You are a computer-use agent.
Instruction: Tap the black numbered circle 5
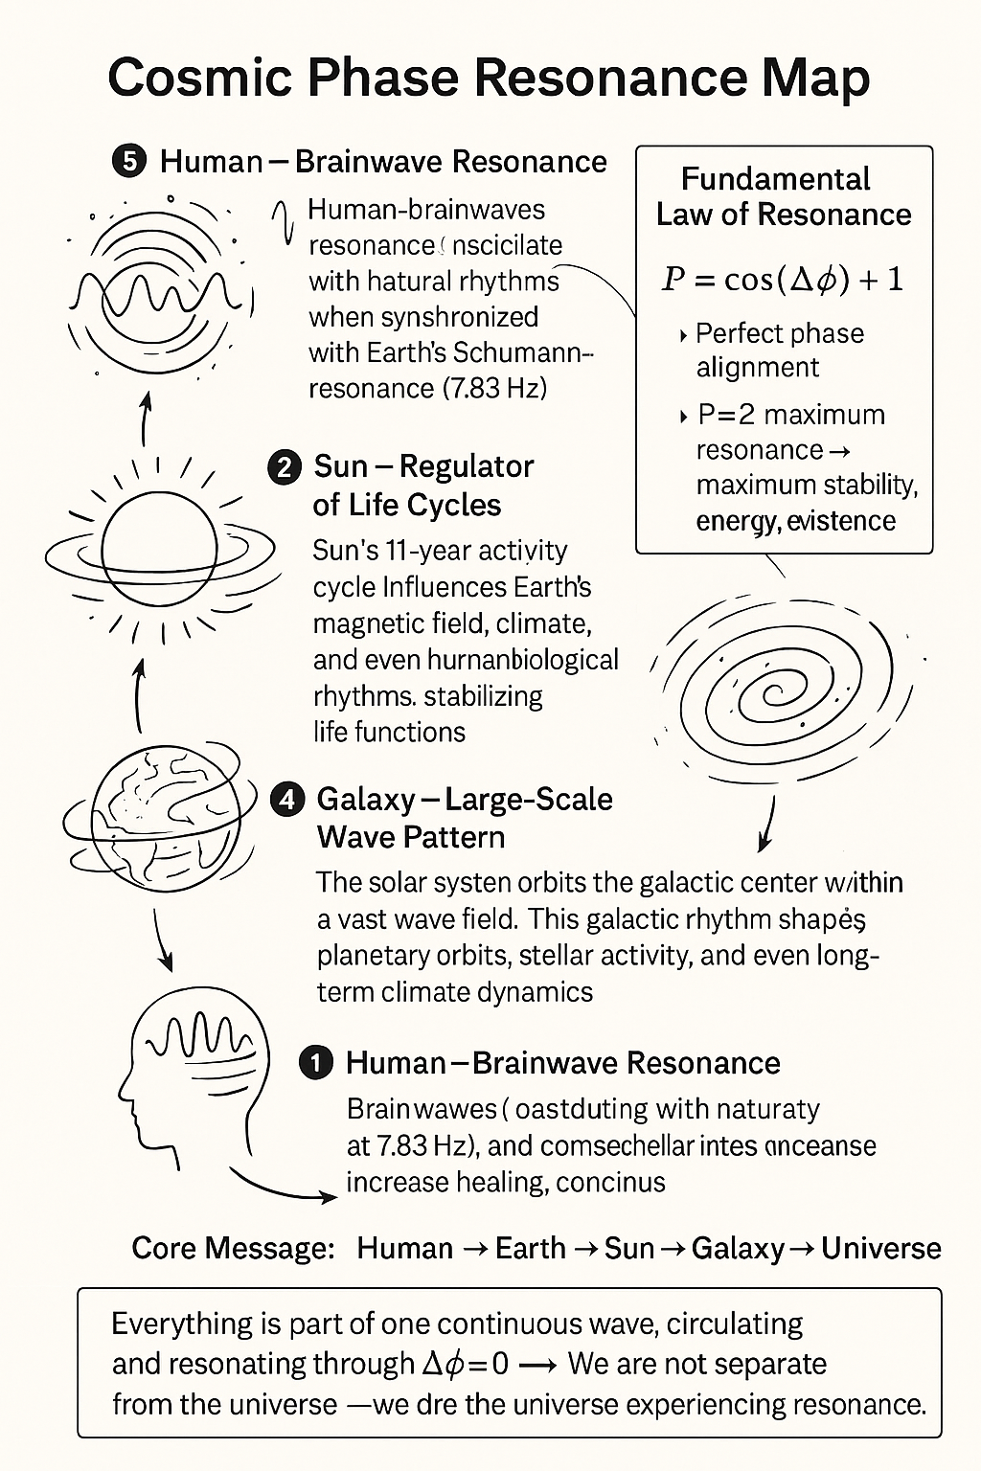point(129,162)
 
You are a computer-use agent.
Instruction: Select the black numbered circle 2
point(285,468)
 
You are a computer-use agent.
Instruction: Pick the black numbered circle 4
point(287,800)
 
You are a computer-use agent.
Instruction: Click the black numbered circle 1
point(316,1063)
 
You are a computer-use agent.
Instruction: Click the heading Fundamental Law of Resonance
point(783,196)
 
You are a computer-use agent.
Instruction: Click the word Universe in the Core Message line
point(880,1249)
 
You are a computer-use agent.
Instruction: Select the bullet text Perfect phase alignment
point(778,351)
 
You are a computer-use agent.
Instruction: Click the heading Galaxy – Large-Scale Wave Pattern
point(465,818)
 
